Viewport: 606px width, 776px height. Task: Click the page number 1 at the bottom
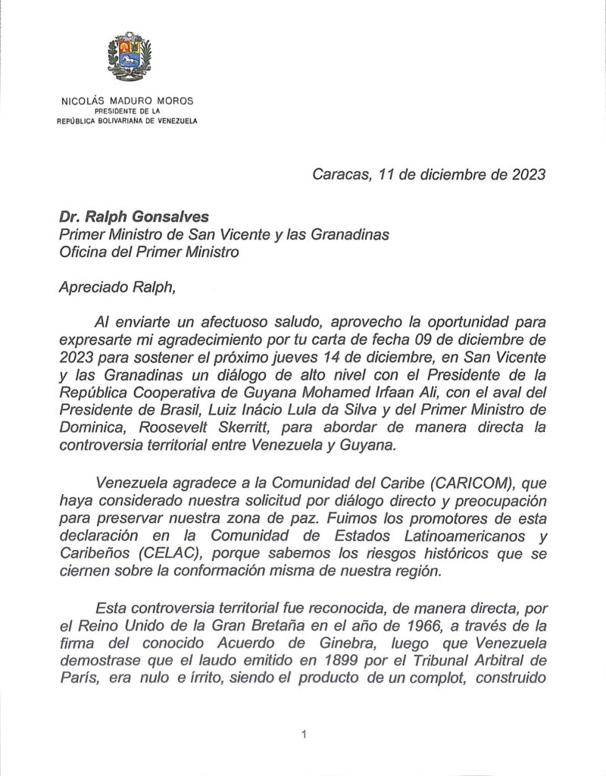tap(303, 734)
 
